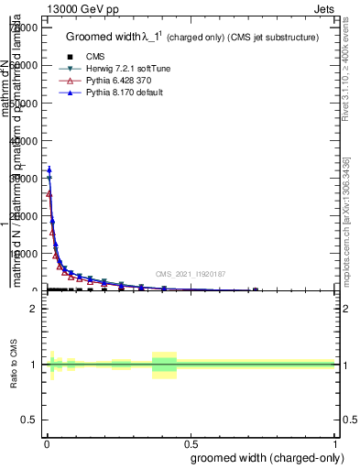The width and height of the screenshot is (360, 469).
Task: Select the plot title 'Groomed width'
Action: coord(101,37)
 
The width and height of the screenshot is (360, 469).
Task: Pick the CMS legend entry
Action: coord(94,57)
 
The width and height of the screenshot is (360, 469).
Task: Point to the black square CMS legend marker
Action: coord(70,57)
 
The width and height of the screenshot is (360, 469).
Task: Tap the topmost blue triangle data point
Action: coord(49,169)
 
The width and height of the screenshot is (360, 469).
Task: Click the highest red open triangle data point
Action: coord(49,193)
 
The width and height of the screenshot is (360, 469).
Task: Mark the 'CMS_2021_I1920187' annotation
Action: coord(190,274)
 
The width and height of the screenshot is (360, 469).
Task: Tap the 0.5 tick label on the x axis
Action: coord(191,442)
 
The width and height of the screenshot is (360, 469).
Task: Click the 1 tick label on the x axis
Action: coord(336,442)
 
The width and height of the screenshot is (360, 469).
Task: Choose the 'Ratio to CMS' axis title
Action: coord(14,365)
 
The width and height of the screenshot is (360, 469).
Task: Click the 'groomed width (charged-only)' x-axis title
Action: coord(264,457)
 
